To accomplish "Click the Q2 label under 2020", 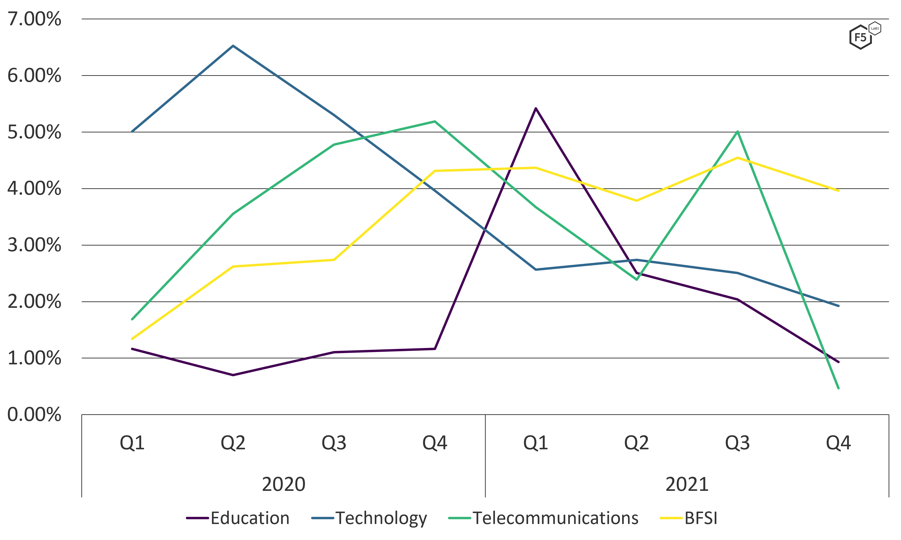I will pyautogui.click(x=233, y=443).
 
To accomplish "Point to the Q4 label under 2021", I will pyautogui.click(x=839, y=443).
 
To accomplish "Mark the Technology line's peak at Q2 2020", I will pyautogui.click(x=233, y=46).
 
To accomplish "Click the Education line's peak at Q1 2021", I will pyautogui.click(x=536, y=108).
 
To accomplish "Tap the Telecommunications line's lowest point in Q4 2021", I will pyautogui.click(x=839, y=388).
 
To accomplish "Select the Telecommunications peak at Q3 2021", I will pyautogui.click(x=737, y=131).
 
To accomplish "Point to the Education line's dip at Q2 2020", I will pyautogui.click(x=233, y=375).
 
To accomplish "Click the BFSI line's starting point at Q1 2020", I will pyautogui.click(x=132, y=339).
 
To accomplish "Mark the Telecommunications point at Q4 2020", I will pyautogui.click(x=435, y=121).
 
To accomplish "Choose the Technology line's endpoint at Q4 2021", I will pyautogui.click(x=839, y=306).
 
